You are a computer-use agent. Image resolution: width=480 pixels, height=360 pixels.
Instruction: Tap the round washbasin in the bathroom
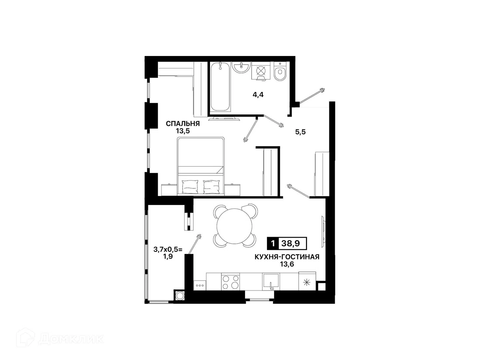point(241,67)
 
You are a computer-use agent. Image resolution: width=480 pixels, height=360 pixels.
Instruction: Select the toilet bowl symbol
point(280,71)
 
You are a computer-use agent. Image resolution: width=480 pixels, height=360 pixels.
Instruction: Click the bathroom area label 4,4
point(258,95)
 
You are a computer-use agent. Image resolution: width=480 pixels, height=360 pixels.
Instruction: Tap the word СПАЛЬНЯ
point(183,124)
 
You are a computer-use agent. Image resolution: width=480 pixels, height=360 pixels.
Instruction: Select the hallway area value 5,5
point(300,132)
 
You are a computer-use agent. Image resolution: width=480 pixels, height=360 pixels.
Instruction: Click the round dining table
point(234,226)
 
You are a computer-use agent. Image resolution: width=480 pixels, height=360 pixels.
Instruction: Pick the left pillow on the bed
point(190,187)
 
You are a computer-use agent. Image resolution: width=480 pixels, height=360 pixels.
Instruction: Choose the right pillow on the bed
point(211,187)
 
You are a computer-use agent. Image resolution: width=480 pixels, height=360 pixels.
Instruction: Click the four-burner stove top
point(230,282)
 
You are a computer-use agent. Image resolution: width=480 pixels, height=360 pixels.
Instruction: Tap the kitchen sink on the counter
point(271,282)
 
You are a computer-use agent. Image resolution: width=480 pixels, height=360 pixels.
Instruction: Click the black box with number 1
point(273,243)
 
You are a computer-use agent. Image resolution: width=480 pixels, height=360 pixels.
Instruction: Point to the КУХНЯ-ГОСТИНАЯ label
point(287,257)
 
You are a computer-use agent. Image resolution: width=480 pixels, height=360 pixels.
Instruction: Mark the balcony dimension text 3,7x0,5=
point(168,249)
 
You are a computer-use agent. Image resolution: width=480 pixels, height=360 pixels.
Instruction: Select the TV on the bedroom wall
point(224,119)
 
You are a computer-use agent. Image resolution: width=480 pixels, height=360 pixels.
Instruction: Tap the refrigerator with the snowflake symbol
point(307,281)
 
